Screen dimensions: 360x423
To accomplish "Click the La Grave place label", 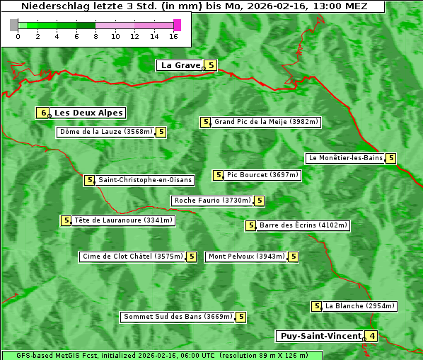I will [x=180, y=65].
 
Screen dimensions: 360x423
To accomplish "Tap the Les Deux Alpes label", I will [x=88, y=113].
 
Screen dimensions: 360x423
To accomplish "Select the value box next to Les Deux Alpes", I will [x=43, y=113].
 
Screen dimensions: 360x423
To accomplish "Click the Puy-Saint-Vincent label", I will [x=320, y=336].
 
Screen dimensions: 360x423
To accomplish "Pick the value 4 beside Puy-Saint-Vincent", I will [x=371, y=336].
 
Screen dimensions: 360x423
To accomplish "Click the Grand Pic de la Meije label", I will [x=267, y=122].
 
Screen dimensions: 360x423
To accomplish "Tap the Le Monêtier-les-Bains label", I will [x=344, y=158].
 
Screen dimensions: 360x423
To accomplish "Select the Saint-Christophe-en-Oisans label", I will [x=144, y=180].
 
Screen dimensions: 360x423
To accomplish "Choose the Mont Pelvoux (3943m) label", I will [x=246, y=257].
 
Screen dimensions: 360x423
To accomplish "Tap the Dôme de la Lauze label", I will [x=106, y=132].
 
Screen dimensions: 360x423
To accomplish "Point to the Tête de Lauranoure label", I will [x=124, y=220].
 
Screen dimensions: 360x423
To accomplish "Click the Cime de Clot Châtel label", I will [x=132, y=257].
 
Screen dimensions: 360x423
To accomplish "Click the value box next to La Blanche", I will [x=317, y=306].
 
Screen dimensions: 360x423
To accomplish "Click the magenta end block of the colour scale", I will [x=177, y=25].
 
